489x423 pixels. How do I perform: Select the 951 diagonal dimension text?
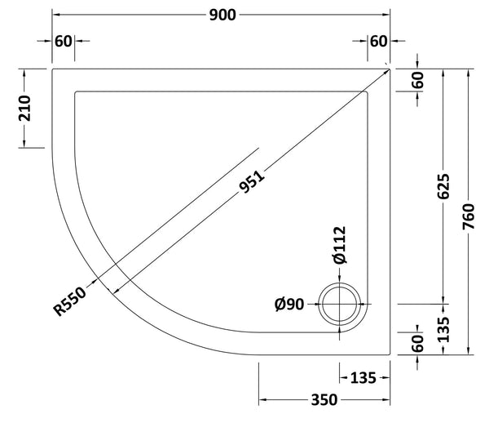(253, 183)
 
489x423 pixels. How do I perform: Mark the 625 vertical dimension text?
(444, 189)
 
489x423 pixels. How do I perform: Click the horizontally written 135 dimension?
(364, 376)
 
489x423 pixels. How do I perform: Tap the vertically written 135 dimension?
(444, 327)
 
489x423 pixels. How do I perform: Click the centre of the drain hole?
(341, 305)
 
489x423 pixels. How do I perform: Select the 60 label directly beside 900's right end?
(378, 41)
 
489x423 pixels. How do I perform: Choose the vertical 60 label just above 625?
(417, 81)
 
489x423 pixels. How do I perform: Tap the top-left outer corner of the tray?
(53, 69)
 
